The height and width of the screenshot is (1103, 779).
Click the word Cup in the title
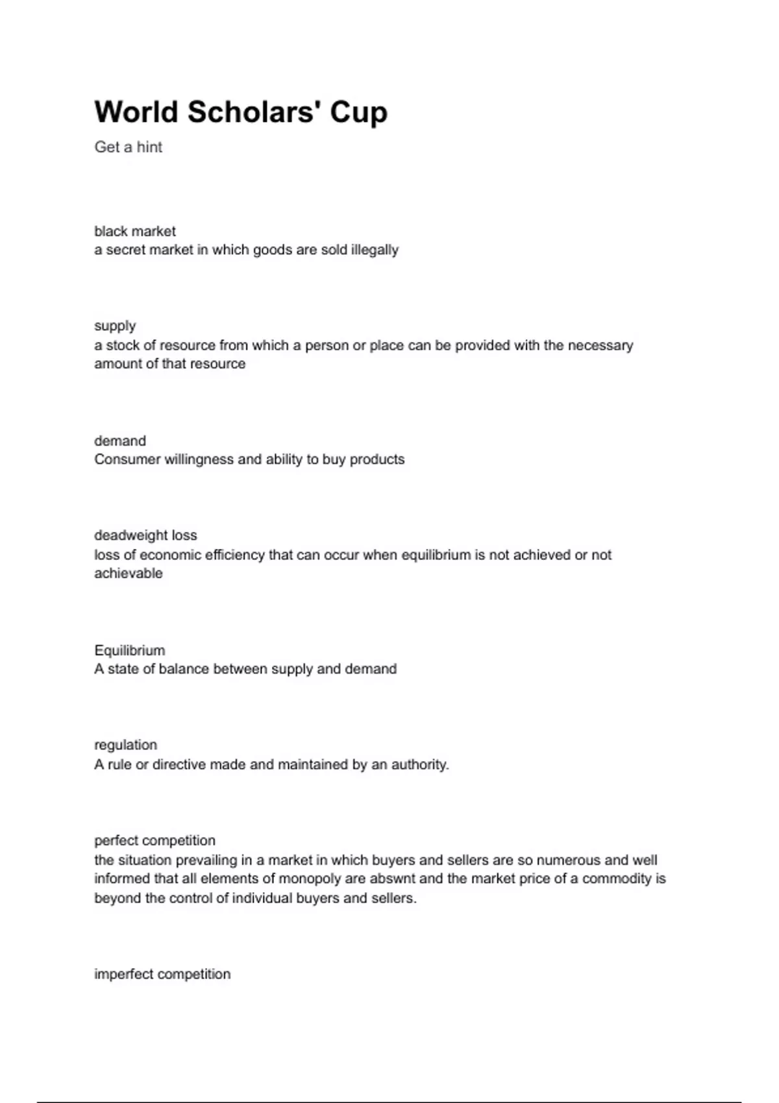point(358,112)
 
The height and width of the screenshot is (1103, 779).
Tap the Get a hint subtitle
point(129,147)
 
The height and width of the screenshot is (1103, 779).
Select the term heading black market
point(135,231)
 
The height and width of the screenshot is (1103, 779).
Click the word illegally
point(375,250)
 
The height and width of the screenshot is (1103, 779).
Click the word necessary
point(600,345)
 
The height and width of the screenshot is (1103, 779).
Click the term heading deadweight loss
point(145,535)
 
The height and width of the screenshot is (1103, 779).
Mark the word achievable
point(129,574)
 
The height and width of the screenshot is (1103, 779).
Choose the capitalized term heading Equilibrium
point(130,650)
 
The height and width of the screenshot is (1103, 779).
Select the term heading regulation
point(126,745)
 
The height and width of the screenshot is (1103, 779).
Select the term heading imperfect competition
point(162,974)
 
